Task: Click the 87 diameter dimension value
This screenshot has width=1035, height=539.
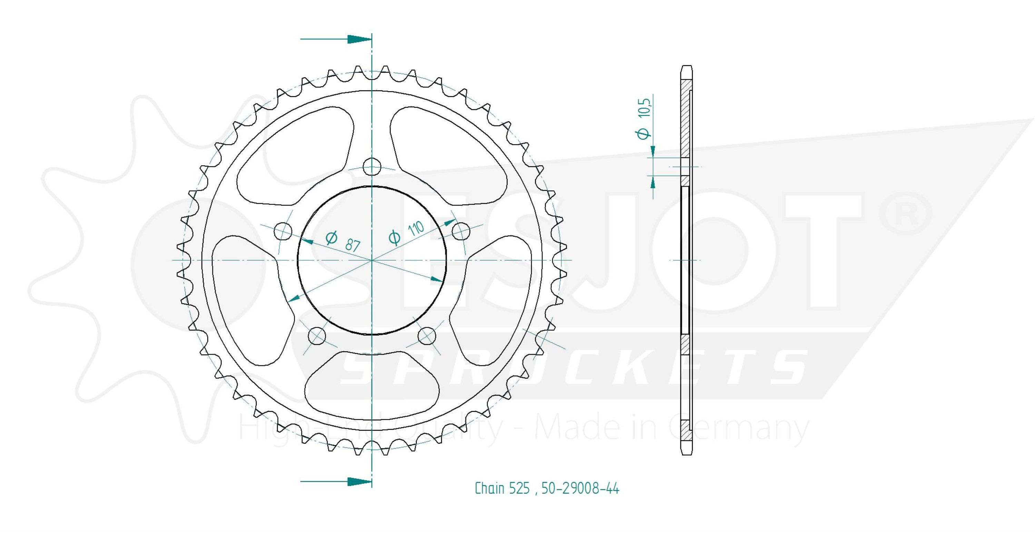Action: coord(352,246)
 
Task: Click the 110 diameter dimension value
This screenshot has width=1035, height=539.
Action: coord(416,229)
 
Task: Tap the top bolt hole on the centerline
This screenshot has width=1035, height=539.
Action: coord(372,166)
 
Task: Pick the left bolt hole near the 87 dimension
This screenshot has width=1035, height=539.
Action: coord(283,231)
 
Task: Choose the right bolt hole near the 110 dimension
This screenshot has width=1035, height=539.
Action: coord(461,231)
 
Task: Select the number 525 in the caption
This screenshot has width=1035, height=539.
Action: coord(520,488)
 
